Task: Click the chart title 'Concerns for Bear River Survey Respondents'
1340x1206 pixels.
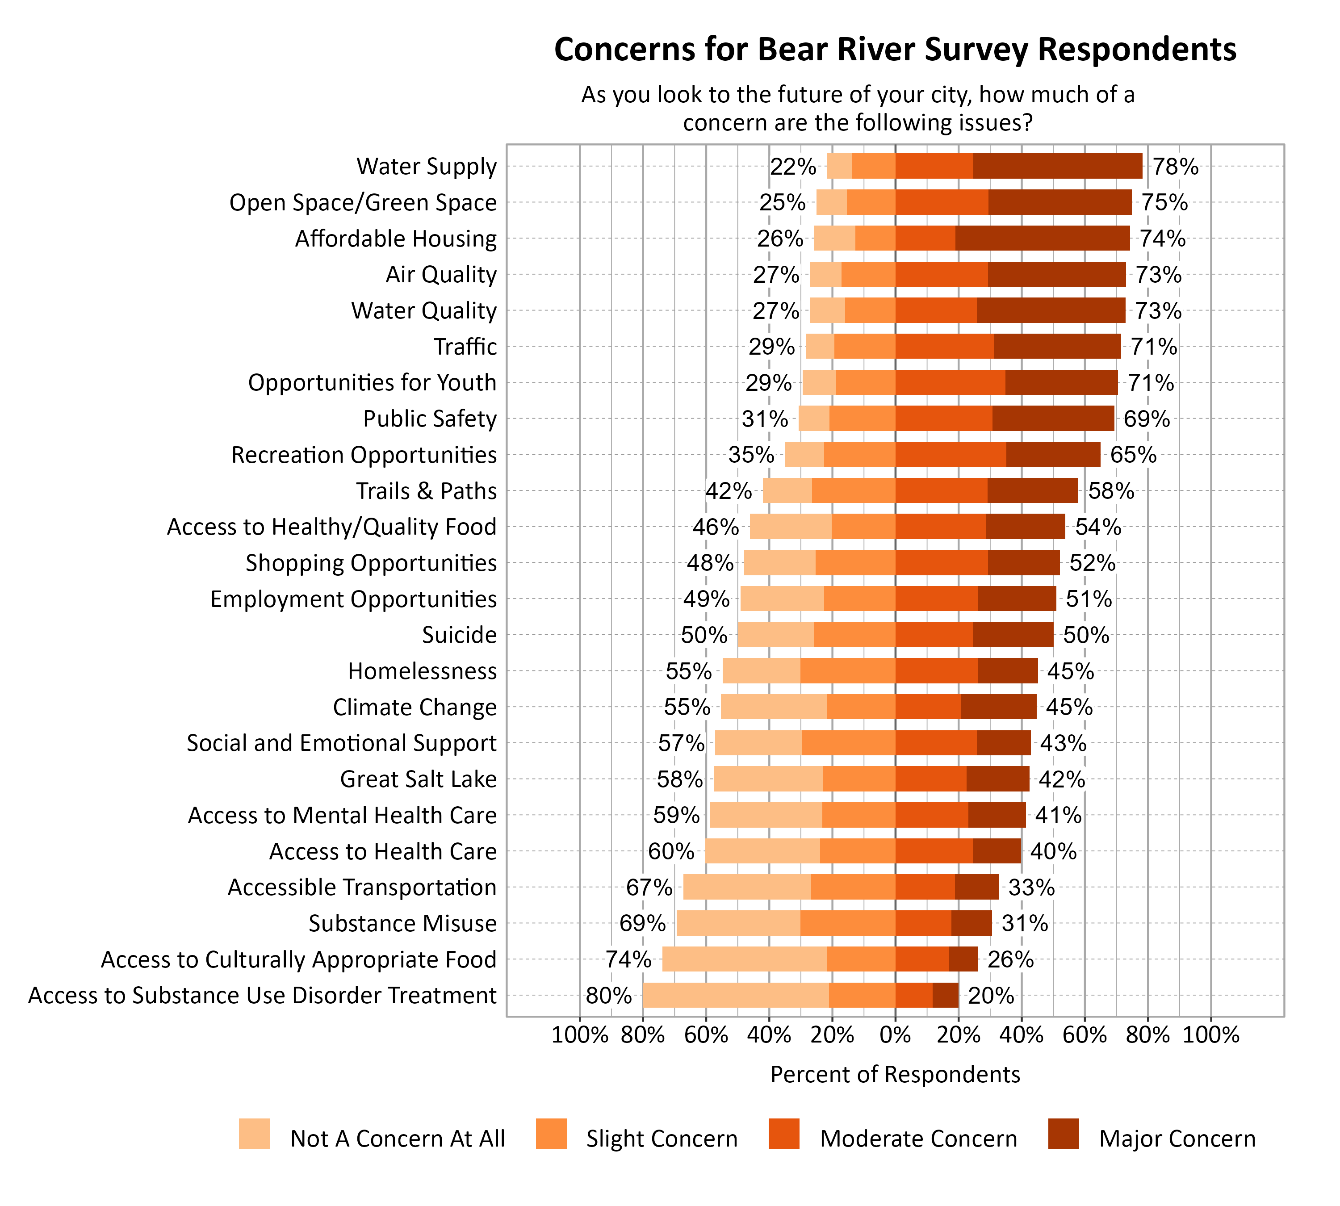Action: tap(895, 50)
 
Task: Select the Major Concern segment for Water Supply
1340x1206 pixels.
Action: tap(1058, 166)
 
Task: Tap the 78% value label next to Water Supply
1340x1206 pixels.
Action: tap(1175, 166)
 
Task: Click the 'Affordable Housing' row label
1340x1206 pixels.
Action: tap(396, 239)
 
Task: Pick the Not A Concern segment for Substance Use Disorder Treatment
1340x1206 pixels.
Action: tap(736, 995)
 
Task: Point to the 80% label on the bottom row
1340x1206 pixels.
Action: tap(608, 995)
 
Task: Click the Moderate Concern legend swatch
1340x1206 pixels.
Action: tap(784, 1134)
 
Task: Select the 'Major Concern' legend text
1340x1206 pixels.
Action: tap(1177, 1139)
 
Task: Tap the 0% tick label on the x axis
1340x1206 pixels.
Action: tap(895, 1034)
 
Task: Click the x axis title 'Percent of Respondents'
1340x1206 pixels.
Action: tap(895, 1074)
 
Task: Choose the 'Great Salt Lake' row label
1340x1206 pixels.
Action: tap(418, 779)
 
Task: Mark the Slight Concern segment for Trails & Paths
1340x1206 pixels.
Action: tap(854, 490)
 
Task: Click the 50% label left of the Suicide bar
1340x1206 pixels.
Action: tap(704, 635)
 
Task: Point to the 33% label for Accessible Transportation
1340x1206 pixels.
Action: tap(1031, 887)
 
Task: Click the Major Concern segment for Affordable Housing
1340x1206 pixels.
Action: tap(1043, 238)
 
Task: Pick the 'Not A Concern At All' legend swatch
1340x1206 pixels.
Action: tap(255, 1134)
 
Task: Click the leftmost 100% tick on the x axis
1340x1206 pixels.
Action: tap(579, 1034)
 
